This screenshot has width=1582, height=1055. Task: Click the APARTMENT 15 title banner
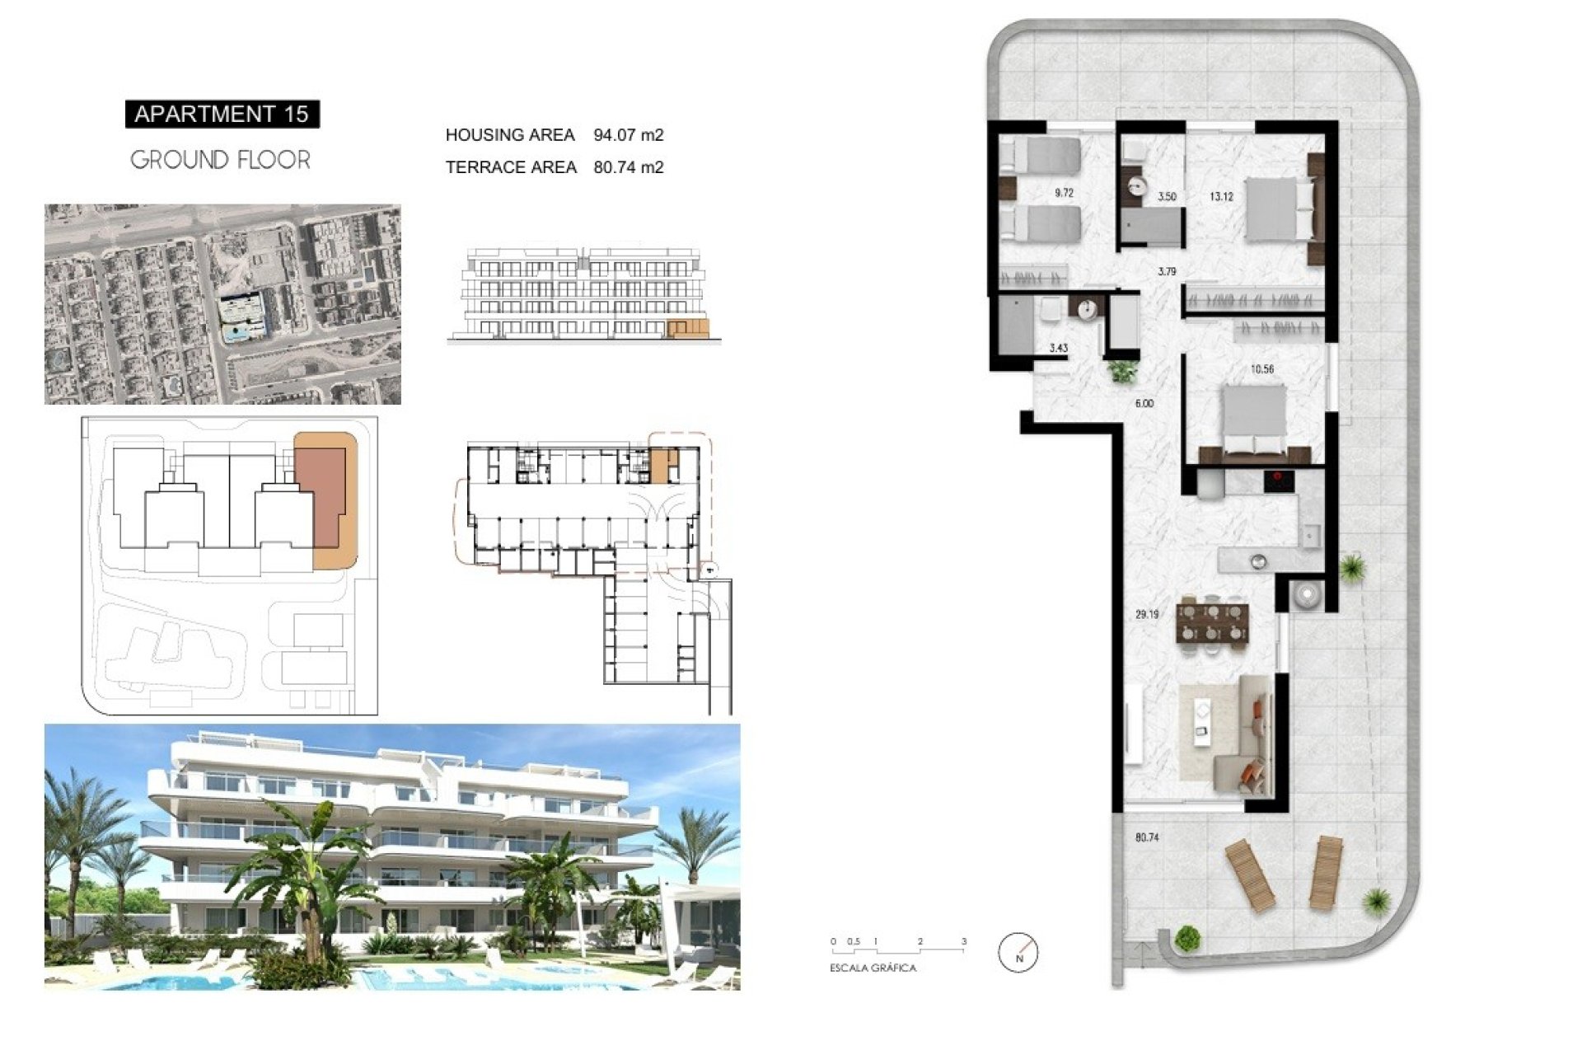(x=222, y=114)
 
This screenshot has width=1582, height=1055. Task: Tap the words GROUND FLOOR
(x=221, y=160)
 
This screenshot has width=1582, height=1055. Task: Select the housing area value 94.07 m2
(x=629, y=134)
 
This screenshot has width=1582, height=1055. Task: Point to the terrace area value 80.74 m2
(x=629, y=167)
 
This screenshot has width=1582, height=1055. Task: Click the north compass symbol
(x=1018, y=953)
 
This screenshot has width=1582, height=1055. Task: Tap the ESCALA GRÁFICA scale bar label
(x=873, y=968)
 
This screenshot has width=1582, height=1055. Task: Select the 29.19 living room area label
(x=1147, y=615)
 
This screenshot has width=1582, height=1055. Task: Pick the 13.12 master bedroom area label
(x=1221, y=197)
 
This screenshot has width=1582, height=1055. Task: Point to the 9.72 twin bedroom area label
(x=1064, y=194)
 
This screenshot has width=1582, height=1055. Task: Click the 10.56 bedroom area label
(x=1262, y=369)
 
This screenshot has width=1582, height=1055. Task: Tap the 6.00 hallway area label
(x=1144, y=404)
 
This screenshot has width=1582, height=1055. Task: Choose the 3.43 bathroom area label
(x=1058, y=349)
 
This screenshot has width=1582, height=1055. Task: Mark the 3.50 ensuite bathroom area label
(x=1167, y=197)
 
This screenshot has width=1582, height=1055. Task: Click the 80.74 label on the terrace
(x=1147, y=837)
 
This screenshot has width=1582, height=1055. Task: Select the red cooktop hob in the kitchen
(x=1279, y=481)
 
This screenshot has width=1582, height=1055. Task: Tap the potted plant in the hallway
(x=1121, y=371)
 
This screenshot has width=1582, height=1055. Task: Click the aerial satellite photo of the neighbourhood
(x=222, y=304)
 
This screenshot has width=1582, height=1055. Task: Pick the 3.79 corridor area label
(x=1167, y=271)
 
